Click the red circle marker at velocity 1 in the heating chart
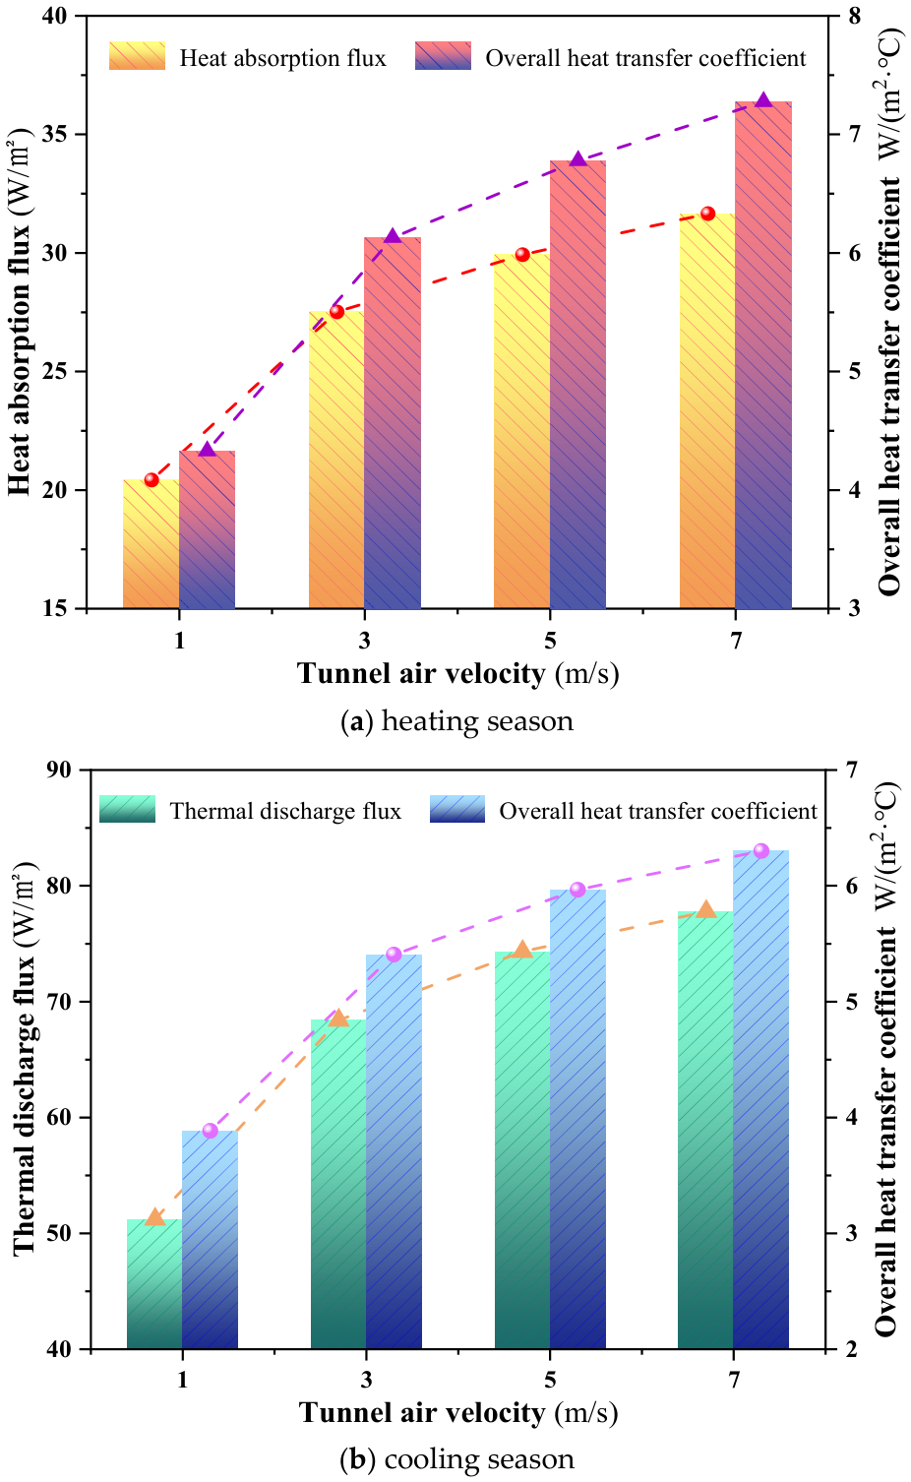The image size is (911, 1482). click(151, 479)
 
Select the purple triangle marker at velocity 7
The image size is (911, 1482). click(763, 100)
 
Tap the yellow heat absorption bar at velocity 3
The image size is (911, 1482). click(336, 460)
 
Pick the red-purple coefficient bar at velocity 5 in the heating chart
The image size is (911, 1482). click(577, 385)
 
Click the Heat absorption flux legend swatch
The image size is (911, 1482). click(137, 56)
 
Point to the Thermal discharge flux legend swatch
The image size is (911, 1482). click(127, 809)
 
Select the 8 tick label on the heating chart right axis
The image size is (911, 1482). click(853, 16)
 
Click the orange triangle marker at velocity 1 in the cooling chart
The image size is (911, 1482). click(154, 1216)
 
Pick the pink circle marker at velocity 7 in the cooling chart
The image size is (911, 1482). click(760, 850)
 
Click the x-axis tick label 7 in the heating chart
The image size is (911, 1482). click(736, 641)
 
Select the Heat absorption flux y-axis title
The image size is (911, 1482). click(20, 312)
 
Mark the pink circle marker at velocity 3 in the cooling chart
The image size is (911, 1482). click(394, 954)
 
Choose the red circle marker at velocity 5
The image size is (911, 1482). click(522, 254)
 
